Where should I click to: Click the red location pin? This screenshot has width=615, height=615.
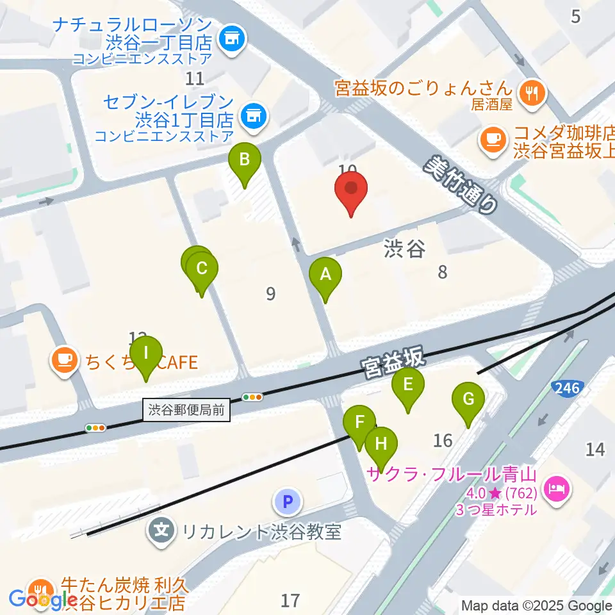(351, 189)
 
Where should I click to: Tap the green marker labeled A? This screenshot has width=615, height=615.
(325, 275)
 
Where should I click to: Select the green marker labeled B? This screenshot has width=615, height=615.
(244, 159)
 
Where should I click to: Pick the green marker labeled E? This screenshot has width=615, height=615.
(408, 384)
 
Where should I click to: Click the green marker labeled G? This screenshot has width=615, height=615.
(468, 400)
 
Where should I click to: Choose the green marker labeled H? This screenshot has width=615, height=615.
(381, 443)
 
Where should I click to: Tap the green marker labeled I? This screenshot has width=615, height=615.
(146, 353)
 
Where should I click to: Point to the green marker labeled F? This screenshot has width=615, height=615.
(359, 423)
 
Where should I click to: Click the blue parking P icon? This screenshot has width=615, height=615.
(288, 501)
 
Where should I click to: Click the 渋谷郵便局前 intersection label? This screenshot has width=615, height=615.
(186, 411)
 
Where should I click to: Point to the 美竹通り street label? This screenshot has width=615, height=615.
(461, 184)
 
